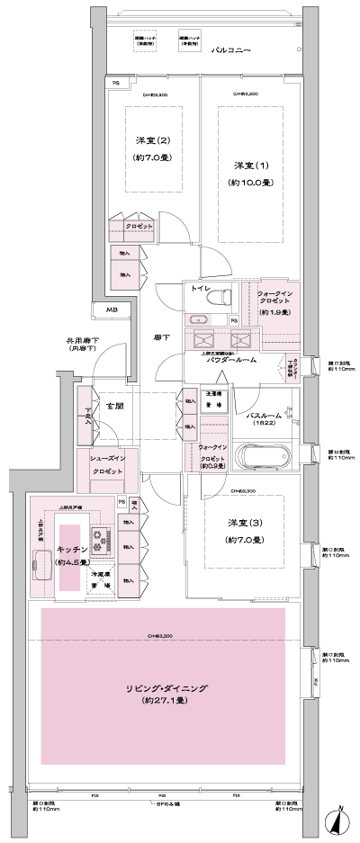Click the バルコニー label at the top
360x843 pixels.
(x=237, y=52)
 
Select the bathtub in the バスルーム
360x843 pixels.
(x=265, y=457)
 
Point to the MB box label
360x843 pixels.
(x=112, y=310)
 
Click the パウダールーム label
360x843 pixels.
(x=232, y=360)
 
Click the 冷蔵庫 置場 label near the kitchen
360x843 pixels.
(x=101, y=579)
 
